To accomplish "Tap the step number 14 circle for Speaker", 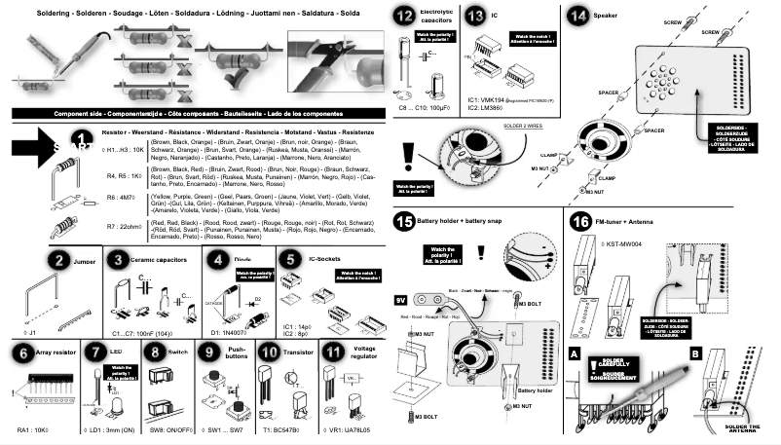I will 578,17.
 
